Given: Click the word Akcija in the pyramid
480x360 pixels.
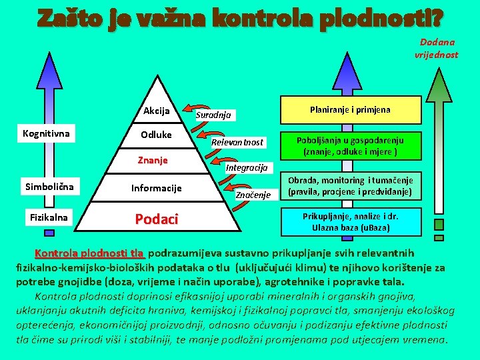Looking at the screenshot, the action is pos(157,111).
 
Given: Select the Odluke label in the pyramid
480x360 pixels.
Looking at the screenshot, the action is pos(157,135).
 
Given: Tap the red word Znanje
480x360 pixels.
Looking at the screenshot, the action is pos(153,160).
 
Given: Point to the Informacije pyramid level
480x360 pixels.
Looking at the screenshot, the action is pos(157,188).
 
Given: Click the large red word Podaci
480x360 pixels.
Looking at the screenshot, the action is pos(156,219).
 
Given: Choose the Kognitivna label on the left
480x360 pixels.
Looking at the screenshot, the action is pos(46,134).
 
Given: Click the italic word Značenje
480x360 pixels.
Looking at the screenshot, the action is pos(253,195).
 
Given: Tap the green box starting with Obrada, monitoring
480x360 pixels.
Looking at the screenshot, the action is pos(351,187).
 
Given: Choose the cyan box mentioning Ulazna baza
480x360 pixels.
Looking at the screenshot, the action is pos(351,222).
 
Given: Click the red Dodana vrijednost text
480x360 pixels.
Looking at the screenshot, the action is pos(437,48).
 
